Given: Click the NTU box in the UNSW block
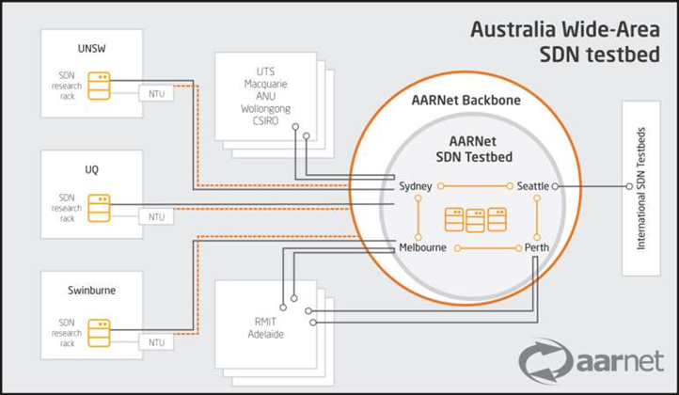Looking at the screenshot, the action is coord(156,93).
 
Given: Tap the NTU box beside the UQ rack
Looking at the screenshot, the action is coord(156,216).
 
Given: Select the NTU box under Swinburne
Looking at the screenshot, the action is coord(156,342).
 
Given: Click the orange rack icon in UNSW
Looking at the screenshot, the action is coord(99,86).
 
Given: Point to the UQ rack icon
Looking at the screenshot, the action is coord(99,208).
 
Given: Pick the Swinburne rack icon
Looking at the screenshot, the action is coord(99,333).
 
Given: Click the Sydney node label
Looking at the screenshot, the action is coord(416,186).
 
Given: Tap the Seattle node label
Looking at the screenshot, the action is coord(533,186).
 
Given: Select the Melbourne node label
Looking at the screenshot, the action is coord(422,247).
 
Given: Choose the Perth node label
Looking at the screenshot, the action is coord(537,247).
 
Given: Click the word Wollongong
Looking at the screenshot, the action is coord(265,109).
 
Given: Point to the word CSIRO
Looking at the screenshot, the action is coord(265,120).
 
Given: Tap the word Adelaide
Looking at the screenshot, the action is coord(266,335).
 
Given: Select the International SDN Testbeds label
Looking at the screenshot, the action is coord(640,188).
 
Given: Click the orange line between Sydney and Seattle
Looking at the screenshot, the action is coord(475,186).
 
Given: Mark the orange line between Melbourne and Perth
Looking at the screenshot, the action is coord(488,248).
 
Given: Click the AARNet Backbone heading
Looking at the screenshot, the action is coord(466,100).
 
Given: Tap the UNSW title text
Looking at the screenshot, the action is coord(92,49).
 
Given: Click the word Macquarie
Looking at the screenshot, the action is coord(265,84).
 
